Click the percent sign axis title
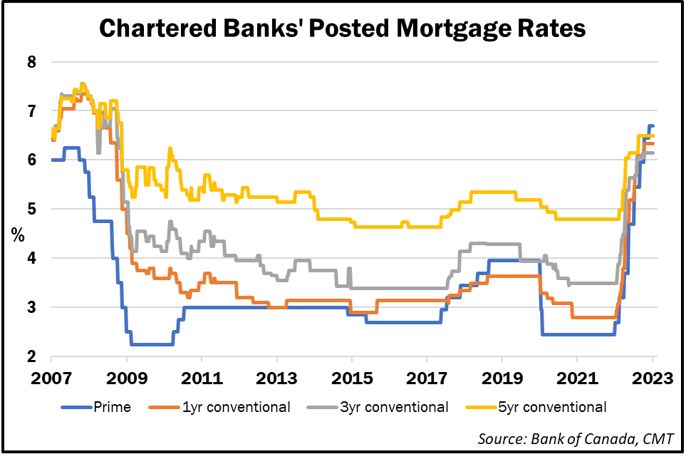click(16, 235)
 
